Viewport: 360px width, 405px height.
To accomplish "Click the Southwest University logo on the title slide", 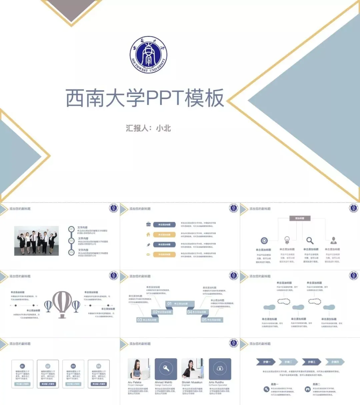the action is [x=148, y=55].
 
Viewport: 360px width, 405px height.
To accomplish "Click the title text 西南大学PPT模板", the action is [x=144, y=98].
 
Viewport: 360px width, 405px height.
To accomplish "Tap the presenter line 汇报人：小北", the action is [x=148, y=128].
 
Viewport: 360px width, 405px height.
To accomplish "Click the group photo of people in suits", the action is [x=37, y=241].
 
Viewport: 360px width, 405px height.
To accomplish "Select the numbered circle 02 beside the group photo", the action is [x=71, y=241].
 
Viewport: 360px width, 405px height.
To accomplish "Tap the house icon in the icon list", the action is [x=148, y=235].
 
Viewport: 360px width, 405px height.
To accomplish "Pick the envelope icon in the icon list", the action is [x=148, y=255].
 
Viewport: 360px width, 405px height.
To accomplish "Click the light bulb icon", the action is [x=287, y=240].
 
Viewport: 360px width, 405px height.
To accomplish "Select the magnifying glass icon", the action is [x=310, y=240].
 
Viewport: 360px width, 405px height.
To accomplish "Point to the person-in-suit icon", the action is [x=333, y=240].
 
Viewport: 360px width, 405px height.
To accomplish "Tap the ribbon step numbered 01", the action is [x=177, y=304].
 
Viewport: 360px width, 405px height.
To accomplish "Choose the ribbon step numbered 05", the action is [x=211, y=320].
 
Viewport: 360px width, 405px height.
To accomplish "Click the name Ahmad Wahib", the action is [x=163, y=382].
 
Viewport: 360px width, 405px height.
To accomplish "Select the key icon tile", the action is [x=166, y=369].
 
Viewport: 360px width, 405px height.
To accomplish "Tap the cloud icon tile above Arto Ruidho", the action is [x=220, y=369].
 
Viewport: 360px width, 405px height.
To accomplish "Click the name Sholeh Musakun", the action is [x=192, y=382].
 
